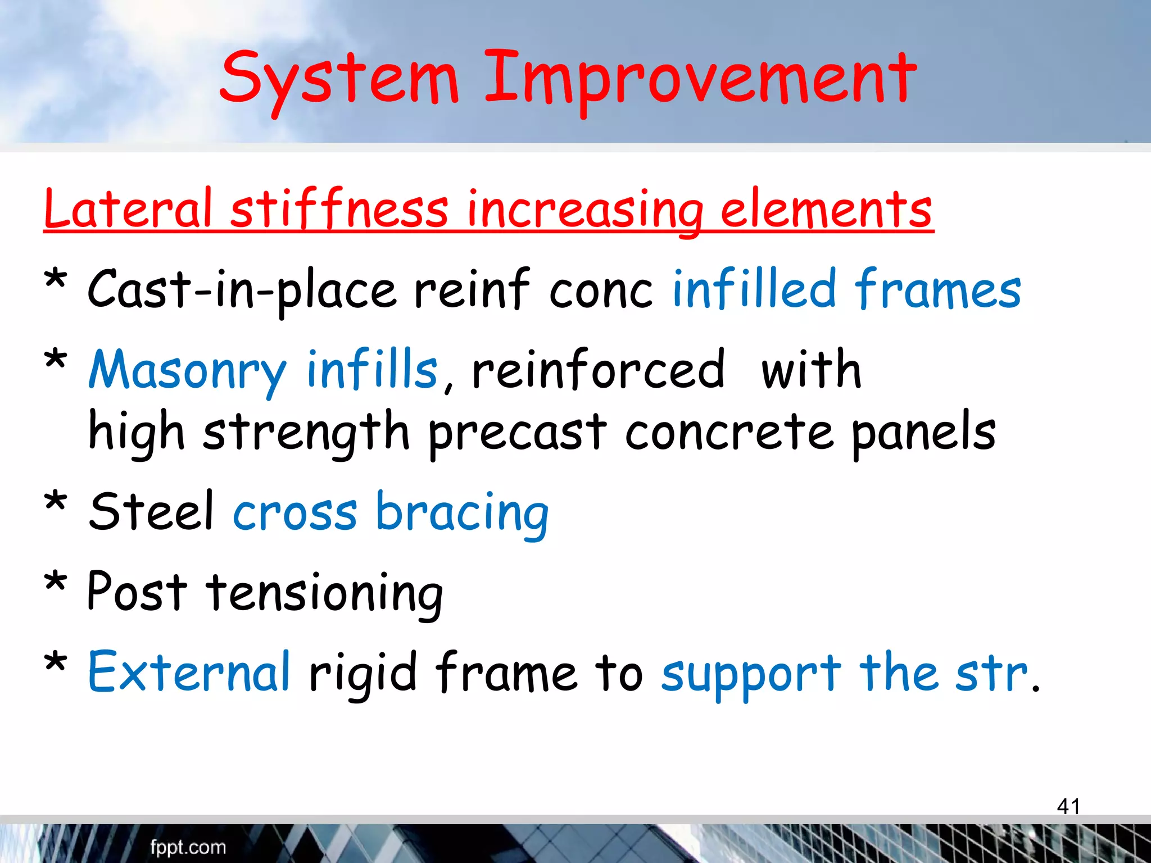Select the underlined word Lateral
[x=128, y=209]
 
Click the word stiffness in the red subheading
[x=339, y=209]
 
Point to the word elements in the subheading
[x=826, y=209]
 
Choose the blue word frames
[x=937, y=290]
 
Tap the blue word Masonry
[x=187, y=371]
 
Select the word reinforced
[x=599, y=371]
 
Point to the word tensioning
[x=325, y=593]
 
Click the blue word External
[x=189, y=672]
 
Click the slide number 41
[x=1068, y=806]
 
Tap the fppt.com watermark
[x=188, y=847]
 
